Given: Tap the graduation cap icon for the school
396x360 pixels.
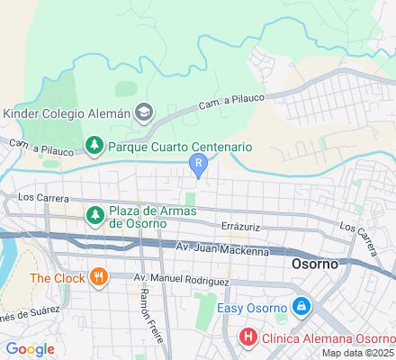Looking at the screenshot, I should coord(143,112).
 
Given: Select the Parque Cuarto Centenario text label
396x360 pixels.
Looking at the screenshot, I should coord(180,145).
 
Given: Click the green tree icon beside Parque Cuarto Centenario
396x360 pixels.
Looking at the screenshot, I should coord(94,145).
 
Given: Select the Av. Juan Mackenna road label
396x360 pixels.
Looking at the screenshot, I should coord(222,249).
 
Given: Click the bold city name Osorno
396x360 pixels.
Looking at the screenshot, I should coord(316,266).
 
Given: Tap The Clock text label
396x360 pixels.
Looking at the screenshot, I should coord(57,277).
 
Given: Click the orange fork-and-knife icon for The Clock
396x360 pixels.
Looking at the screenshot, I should coord(99,277).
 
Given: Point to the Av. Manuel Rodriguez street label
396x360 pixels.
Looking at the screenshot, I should coord(181,280).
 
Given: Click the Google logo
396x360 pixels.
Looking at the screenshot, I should coord(31,349).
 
